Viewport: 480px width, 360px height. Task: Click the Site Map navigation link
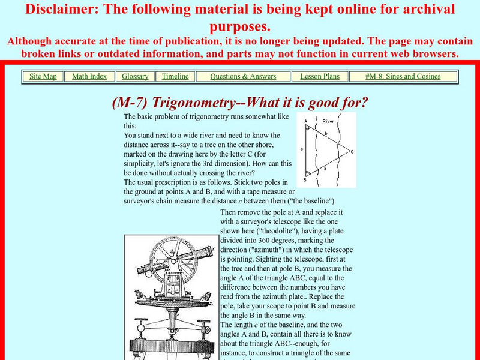pos(43,76)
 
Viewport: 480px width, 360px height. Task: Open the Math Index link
pos(89,76)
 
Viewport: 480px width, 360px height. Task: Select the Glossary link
pos(135,76)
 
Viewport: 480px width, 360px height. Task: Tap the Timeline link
pos(175,76)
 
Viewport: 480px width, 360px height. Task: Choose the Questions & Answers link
pos(243,76)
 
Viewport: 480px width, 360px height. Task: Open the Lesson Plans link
pos(320,76)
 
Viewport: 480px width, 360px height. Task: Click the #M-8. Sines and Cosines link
pos(403,76)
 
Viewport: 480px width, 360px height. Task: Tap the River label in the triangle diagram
pos(328,121)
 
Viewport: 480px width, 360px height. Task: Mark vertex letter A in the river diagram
pos(305,121)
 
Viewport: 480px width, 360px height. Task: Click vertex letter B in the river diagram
pos(305,179)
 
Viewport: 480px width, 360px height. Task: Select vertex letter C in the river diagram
pos(352,152)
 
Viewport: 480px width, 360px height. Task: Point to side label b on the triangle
pos(326,133)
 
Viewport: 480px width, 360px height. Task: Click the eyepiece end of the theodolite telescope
pos(141,271)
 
